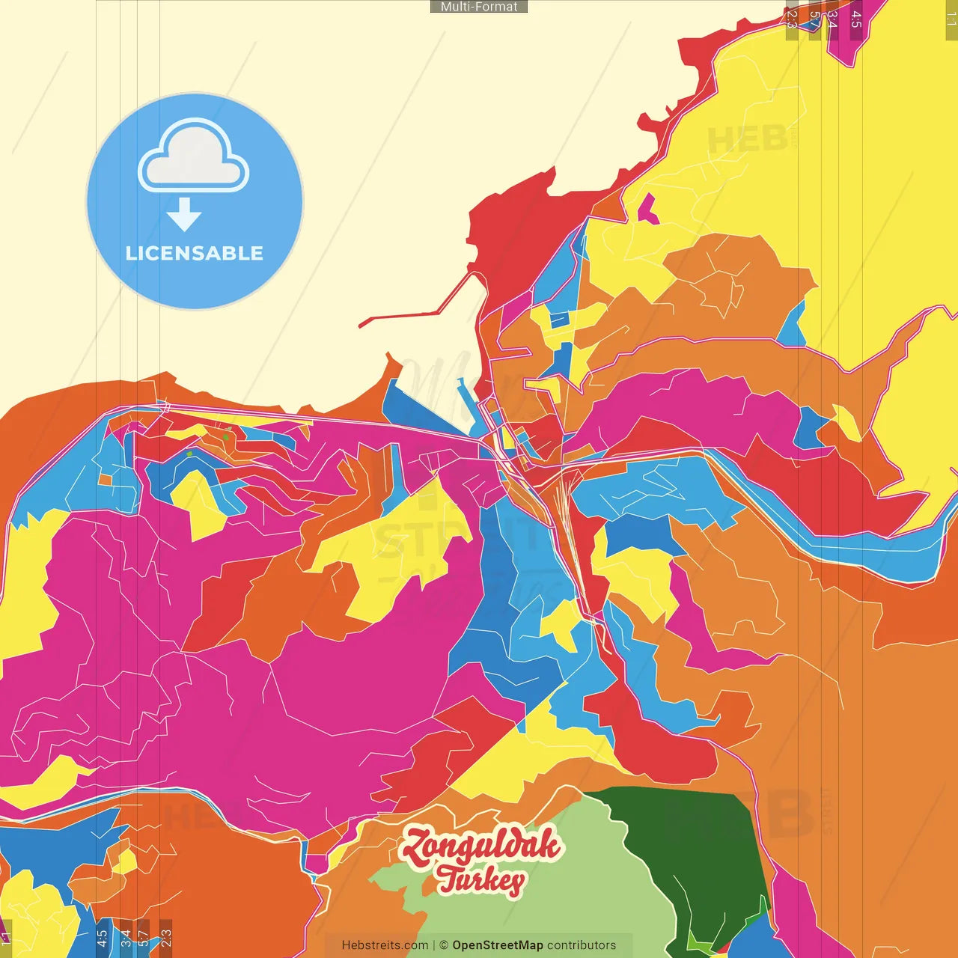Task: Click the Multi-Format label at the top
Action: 479,7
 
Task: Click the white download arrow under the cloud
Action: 184,215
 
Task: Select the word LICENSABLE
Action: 195,254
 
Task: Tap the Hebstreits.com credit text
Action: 385,945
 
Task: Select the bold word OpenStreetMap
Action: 498,945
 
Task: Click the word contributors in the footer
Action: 582,945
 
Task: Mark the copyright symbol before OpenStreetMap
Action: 444,945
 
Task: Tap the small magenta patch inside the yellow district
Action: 648,210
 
